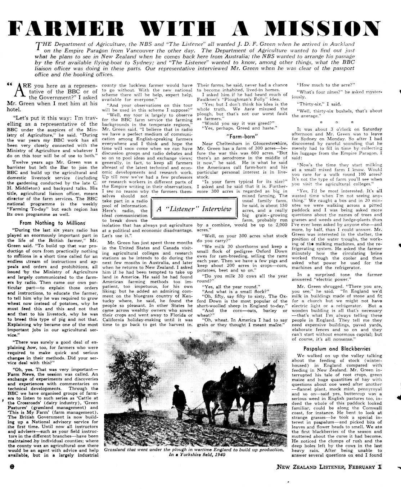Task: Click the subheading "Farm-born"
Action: tap(242, 136)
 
